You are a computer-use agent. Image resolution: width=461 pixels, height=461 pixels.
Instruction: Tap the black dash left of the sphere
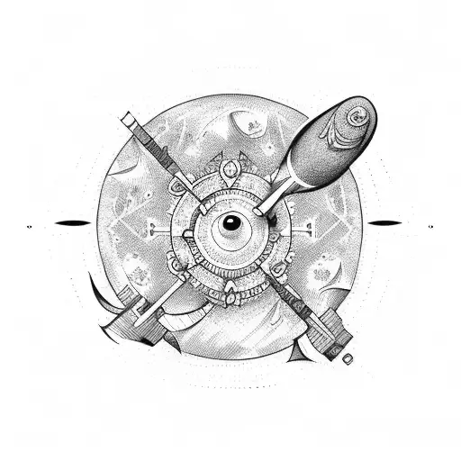coord(72,222)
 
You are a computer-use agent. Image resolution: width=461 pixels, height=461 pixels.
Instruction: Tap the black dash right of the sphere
coord(386,222)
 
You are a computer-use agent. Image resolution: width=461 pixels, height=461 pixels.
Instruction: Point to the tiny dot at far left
coord(30,222)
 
